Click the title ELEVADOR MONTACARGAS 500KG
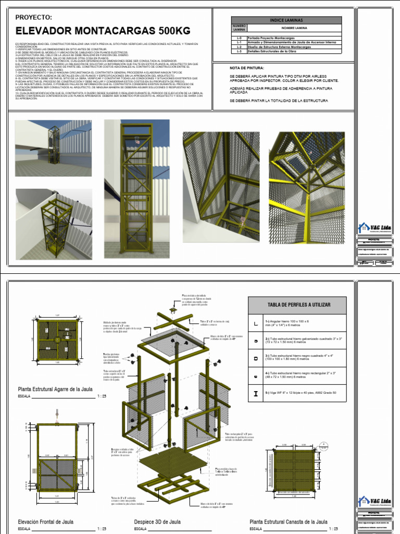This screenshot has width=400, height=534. [x=103, y=30]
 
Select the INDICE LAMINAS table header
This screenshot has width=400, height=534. [x=286, y=20]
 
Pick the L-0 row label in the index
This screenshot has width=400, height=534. [x=239, y=38]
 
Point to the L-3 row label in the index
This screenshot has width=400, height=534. [x=239, y=51]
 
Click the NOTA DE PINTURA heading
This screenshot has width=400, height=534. [x=247, y=68]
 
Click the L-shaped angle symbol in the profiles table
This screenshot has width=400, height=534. [x=255, y=324]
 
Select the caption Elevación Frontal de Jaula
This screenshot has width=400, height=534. [x=45, y=521]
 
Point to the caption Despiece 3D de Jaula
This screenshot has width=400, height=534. [x=157, y=521]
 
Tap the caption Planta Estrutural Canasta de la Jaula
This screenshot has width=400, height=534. [x=288, y=521]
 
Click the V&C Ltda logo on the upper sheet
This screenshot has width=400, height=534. [x=375, y=227]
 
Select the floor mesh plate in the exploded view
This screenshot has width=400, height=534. [x=177, y=453]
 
